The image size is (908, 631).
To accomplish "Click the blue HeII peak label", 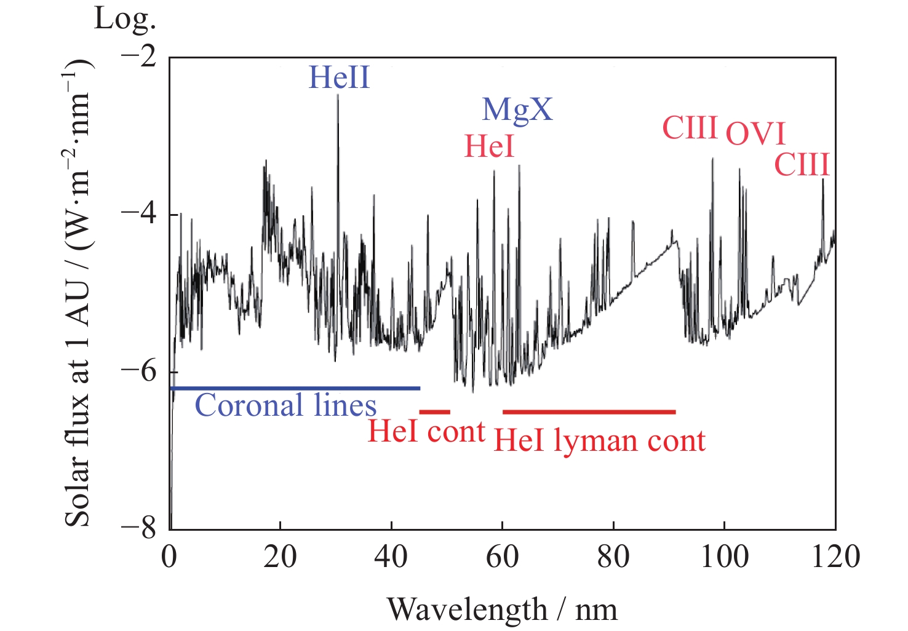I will pyautogui.click(x=339, y=78).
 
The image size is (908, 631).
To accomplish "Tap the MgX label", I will pyautogui.click(x=517, y=110).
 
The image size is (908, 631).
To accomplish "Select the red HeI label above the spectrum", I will pyautogui.click(x=489, y=146).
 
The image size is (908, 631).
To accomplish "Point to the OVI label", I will pyautogui.click(x=755, y=134).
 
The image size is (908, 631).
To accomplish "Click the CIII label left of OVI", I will pyautogui.click(x=690, y=128).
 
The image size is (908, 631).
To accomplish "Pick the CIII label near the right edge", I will pyautogui.click(x=802, y=165).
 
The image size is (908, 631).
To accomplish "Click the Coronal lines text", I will pyautogui.click(x=285, y=406).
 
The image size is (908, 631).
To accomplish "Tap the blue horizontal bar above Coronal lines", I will pyautogui.click(x=295, y=388).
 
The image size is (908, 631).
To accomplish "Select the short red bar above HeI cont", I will pyautogui.click(x=434, y=411).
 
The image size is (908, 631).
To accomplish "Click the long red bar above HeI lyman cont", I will pyautogui.click(x=589, y=411).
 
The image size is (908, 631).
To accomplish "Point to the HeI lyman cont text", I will pyautogui.click(x=599, y=441).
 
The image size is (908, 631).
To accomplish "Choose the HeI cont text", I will pyautogui.click(x=426, y=432).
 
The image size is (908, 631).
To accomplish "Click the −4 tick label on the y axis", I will pyautogui.click(x=139, y=214).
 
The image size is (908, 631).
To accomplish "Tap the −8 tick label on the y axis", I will pyautogui.click(x=139, y=529).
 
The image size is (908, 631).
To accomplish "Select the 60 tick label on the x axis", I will pyautogui.click(x=502, y=557).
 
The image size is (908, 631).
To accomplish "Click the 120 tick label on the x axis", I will pyautogui.click(x=834, y=557).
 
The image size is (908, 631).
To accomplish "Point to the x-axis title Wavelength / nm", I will pyautogui.click(x=502, y=610).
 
